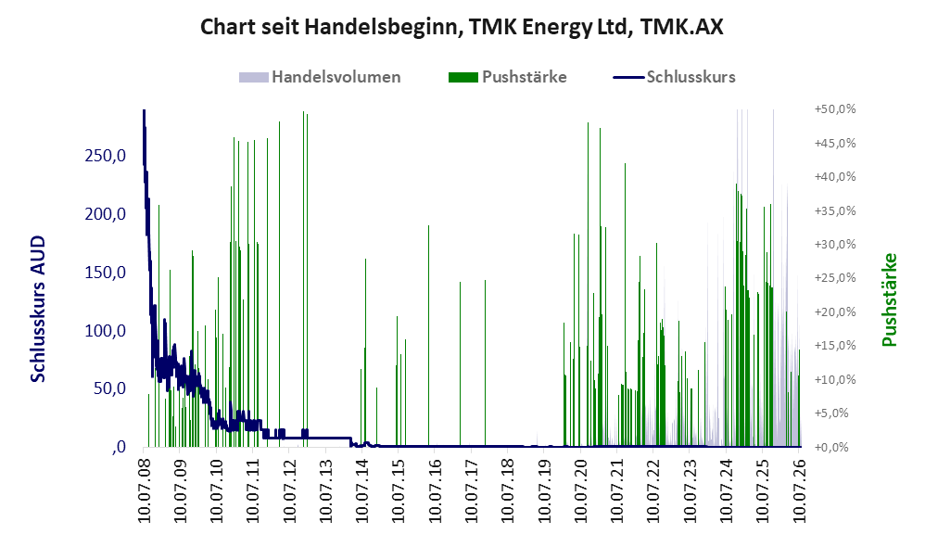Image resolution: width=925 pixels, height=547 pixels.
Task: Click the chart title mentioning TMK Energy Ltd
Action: tap(462, 27)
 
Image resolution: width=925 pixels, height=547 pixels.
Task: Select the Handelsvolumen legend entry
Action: tap(320, 77)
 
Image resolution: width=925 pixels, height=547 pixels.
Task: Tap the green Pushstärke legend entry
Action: tap(507, 77)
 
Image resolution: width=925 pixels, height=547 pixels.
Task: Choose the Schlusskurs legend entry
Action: tap(674, 77)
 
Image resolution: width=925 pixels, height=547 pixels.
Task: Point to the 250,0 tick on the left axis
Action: tap(106, 156)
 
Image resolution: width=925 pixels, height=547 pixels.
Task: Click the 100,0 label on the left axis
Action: tap(106, 330)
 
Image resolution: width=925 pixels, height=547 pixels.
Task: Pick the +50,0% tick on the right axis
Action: tap(835, 109)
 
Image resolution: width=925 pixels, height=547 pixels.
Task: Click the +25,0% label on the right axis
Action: tap(835, 277)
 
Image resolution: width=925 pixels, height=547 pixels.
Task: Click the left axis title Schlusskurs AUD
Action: tap(38, 309)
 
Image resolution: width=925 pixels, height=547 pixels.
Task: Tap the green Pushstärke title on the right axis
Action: tap(889, 299)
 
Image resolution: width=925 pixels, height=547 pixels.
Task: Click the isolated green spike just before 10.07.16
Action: tap(429, 336)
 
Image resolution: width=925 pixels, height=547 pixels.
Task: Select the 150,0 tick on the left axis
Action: tap(106, 272)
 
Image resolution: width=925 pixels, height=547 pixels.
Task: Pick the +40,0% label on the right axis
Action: tap(835, 176)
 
